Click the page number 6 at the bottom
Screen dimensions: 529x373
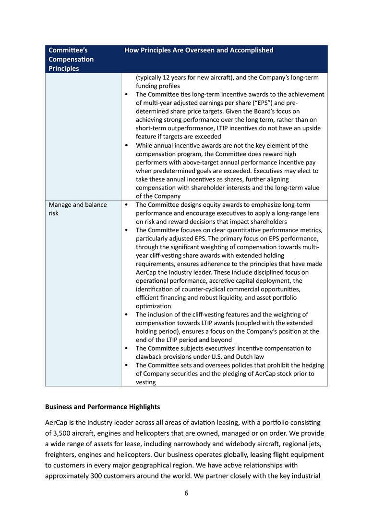(x=186, y=493)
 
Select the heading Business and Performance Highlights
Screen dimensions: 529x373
(x=102, y=407)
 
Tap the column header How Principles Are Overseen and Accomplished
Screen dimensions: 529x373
(x=199, y=50)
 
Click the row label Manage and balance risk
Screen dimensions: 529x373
(x=78, y=209)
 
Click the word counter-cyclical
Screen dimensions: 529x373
(x=198, y=289)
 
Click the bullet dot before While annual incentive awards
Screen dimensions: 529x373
(x=126, y=145)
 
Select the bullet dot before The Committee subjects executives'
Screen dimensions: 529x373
(x=126, y=348)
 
